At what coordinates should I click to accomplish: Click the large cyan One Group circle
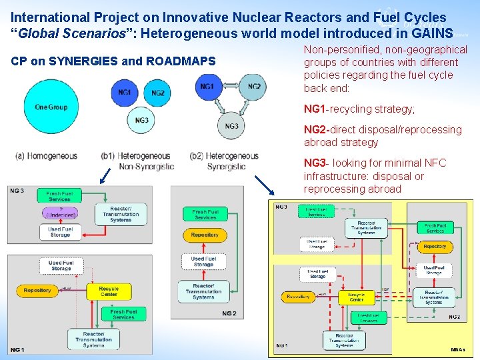point(51,108)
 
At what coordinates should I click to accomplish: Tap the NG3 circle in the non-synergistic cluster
point(141,121)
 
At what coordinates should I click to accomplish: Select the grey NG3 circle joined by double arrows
point(231,126)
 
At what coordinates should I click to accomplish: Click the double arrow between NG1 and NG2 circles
point(231,87)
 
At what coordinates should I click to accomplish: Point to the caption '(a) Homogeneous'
point(46,156)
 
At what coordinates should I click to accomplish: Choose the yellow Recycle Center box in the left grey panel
point(109,292)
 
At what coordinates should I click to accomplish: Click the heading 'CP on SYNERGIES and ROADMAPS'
point(113,62)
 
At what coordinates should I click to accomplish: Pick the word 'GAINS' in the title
point(431,32)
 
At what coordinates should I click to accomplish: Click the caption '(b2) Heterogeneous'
point(224,156)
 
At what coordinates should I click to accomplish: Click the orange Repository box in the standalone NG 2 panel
point(205,235)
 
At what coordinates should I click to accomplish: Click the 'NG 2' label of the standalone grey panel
point(229,313)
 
